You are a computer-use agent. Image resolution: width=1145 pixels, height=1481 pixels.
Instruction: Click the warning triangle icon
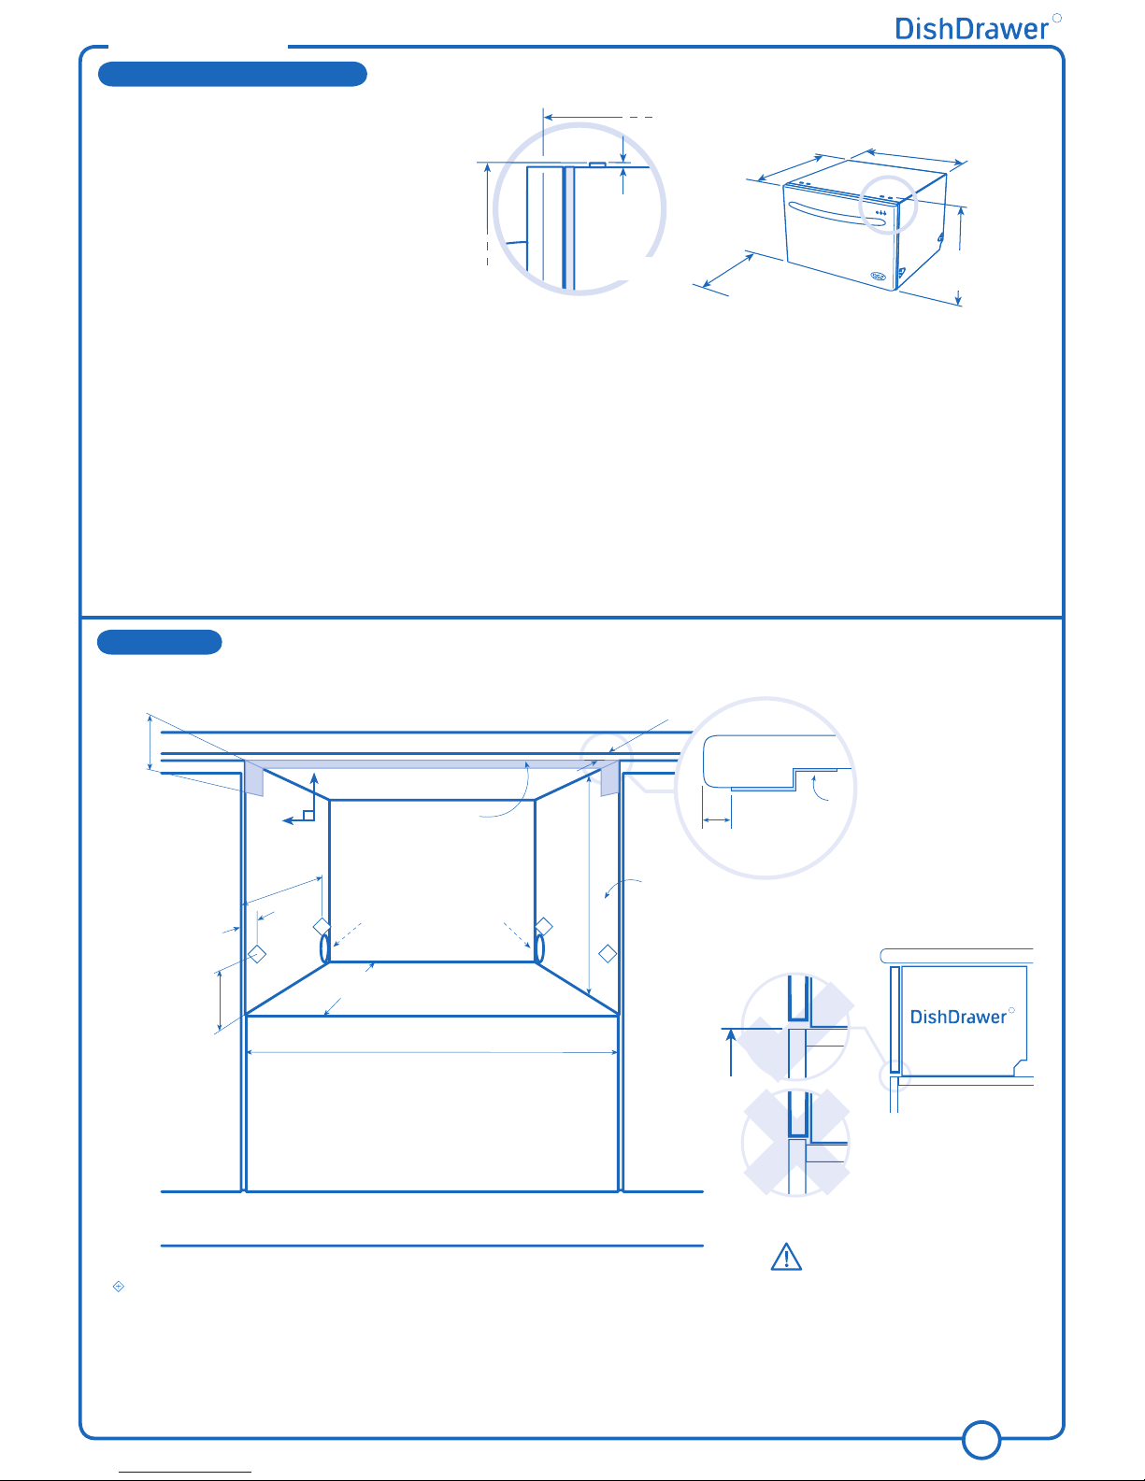(786, 1257)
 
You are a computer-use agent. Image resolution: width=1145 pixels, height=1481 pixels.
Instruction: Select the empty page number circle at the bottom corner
(980, 1440)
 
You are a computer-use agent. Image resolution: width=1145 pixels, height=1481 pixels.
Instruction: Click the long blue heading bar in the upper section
(233, 74)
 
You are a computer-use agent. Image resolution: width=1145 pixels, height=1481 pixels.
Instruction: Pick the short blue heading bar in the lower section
(160, 642)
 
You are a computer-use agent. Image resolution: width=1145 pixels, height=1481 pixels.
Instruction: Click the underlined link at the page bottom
(185, 1473)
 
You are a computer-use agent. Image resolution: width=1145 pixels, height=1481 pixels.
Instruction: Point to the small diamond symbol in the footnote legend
(119, 1286)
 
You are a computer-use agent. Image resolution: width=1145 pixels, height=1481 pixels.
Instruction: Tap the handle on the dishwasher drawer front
(837, 213)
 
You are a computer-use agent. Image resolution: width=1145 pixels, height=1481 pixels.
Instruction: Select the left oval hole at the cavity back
(325, 948)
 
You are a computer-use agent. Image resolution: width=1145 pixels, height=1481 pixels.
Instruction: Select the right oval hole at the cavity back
(539, 948)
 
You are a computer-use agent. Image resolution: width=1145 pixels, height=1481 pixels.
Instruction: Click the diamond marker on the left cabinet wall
(256, 953)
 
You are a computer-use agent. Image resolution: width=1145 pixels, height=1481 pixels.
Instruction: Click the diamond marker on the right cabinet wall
(608, 953)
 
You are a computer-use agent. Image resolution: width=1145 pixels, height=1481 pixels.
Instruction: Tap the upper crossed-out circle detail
(796, 1026)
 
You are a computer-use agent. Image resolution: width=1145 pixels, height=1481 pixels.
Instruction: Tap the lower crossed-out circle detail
(796, 1142)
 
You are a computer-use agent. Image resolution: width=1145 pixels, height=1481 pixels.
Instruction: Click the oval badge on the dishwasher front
(878, 276)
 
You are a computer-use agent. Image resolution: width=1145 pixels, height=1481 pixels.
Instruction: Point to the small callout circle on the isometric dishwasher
(888, 205)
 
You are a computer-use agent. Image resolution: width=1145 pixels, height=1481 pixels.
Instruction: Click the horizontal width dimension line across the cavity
(432, 1052)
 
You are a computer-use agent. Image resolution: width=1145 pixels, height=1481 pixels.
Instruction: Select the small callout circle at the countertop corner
(606, 757)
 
